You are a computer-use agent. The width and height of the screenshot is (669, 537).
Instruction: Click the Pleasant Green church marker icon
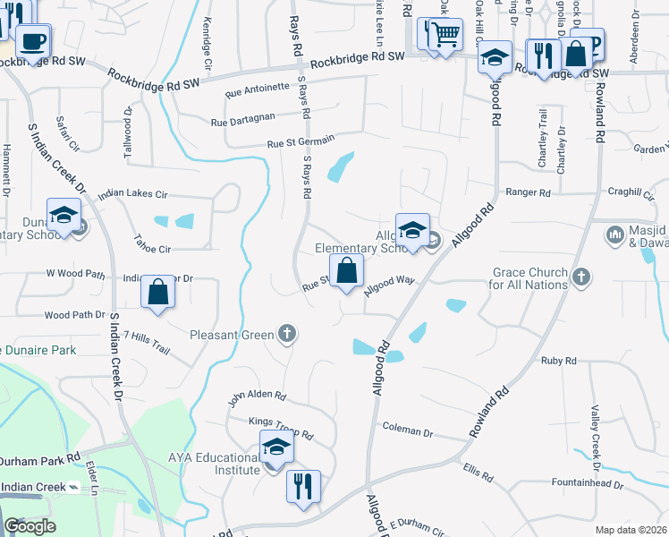pos(287,335)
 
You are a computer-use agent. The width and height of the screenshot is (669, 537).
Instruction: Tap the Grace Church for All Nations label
pos(529,278)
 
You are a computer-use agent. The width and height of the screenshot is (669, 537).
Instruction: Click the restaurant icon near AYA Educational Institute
pos(303,486)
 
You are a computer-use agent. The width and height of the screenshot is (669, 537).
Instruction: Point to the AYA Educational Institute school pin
pos(276,447)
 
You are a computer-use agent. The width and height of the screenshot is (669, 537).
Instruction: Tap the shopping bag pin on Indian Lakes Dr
pos(158,292)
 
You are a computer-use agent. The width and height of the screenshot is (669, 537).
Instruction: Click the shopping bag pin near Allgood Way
pos(346,269)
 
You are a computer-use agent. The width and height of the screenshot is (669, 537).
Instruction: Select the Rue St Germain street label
pos(301,141)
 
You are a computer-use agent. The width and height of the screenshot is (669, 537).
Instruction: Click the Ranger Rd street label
pos(528,192)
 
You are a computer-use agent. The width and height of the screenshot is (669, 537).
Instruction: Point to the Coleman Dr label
pos(407,431)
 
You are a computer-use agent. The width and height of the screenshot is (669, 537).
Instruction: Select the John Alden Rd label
pos(256,396)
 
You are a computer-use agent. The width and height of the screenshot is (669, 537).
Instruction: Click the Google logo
pos(30,526)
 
